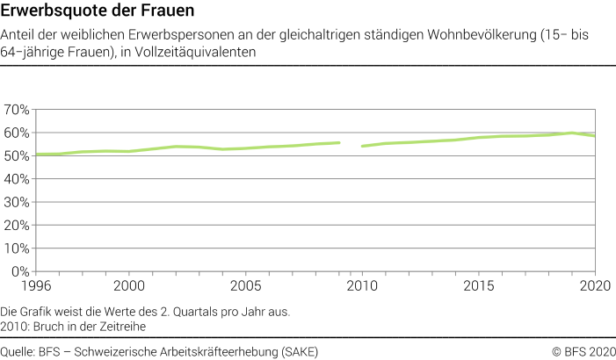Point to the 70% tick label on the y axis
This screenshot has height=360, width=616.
click(17, 110)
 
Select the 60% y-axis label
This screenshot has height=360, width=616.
click(17, 133)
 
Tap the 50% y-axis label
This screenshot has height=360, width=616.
click(17, 156)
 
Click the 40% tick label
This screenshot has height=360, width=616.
click(17, 179)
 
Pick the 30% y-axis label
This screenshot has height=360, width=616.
click(17, 203)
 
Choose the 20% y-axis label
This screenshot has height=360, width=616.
click(17, 226)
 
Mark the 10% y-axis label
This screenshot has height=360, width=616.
click(17, 249)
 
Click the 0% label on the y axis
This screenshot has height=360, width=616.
click(20, 272)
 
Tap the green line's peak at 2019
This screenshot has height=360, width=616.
click(571, 133)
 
